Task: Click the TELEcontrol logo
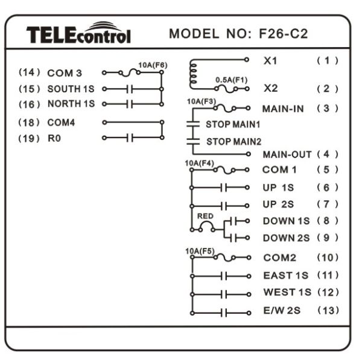point(78,33)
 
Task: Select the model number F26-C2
point(284,34)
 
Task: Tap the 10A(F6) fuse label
point(153,65)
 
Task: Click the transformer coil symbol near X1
point(193,74)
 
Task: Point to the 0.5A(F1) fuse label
point(231,80)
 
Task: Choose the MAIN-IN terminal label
point(283,109)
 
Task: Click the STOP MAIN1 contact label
point(233,124)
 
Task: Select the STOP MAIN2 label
point(233,142)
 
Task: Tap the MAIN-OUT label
point(287,154)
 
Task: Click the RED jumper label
point(205,216)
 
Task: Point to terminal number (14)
point(30,72)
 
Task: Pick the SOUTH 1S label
point(71,89)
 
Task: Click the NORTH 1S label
point(71,104)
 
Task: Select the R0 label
point(54,138)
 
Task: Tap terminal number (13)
point(328,310)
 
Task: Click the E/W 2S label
point(282,311)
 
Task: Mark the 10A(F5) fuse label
point(200,251)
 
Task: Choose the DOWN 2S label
point(286,238)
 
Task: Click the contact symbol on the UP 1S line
point(224,188)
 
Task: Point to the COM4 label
point(61,122)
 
